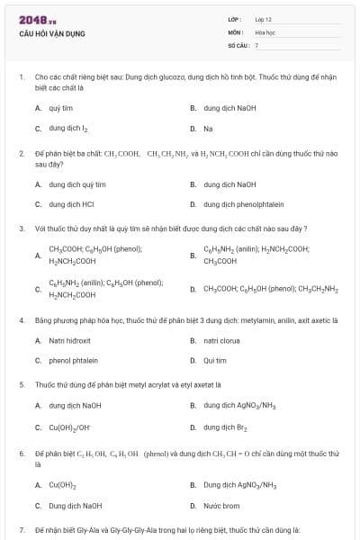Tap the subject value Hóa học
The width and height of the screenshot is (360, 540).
click(263, 31)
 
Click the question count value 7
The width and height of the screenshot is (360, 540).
click(256, 44)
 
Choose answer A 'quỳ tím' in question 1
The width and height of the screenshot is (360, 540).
click(60, 108)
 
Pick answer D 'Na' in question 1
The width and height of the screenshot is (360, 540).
click(208, 129)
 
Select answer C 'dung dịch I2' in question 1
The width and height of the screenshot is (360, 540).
click(68, 129)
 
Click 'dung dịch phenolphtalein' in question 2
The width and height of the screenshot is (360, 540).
click(238, 203)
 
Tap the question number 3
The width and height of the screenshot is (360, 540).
click(21, 228)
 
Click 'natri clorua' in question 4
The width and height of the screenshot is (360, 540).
click(221, 340)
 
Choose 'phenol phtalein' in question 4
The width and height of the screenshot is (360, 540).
click(73, 360)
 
